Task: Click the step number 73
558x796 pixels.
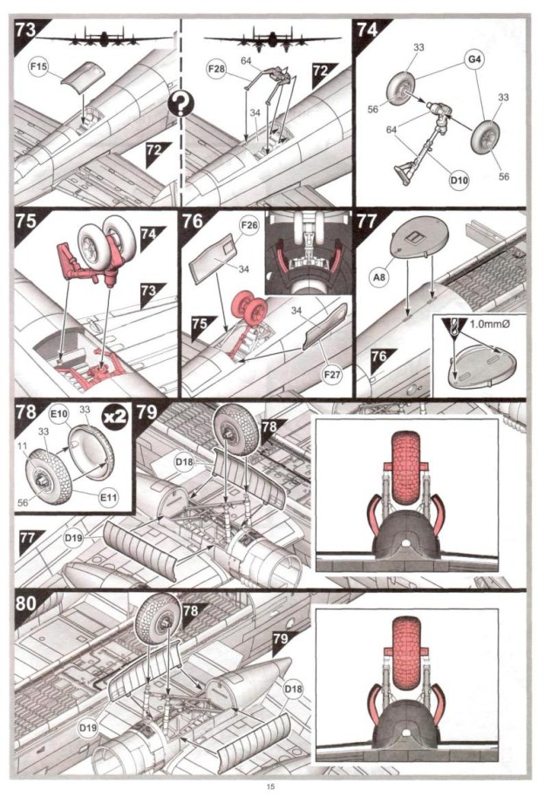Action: (26, 30)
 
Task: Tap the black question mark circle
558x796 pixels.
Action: (180, 105)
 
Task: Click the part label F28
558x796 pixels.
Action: (217, 68)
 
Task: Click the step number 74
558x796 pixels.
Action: (366, 30)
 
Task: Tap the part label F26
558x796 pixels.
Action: (249, 225)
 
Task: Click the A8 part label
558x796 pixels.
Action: (378, 277)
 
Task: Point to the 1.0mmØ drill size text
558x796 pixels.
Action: (489, 323)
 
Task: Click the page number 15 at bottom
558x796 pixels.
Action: (271, 786)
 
